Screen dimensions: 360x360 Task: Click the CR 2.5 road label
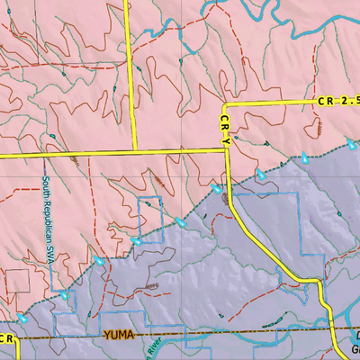point(337,103)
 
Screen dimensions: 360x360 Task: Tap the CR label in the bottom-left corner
point(7,338)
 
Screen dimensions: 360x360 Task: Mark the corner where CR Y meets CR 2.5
point(225,103)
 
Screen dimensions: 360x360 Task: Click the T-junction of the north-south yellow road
point(133,152)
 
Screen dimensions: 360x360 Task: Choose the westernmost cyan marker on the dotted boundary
point(22,319)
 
